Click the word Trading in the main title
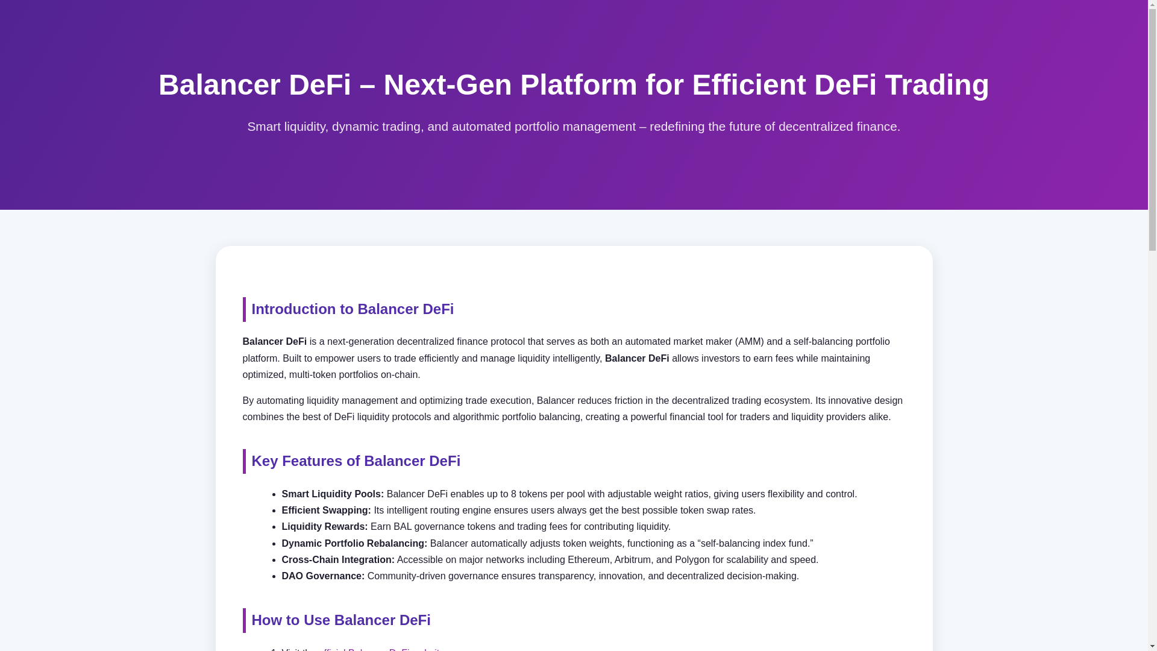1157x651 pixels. (936, 85)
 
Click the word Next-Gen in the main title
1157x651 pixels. (450, 85)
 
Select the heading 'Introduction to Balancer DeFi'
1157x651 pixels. (353, 309)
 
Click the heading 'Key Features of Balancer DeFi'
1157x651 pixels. (356, 461)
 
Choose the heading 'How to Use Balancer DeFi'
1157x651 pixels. (340, 620)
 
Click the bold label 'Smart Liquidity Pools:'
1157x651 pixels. (332, 494)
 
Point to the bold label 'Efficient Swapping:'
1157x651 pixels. (326, 511)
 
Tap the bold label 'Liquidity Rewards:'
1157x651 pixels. (324, 527)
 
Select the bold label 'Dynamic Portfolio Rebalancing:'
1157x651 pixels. (354, 544)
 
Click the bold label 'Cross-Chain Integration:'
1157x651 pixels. (337, 560)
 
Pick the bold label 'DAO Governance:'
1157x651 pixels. (322, 576)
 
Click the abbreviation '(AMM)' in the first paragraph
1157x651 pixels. (749, 342)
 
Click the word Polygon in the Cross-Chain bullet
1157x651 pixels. (692, 560)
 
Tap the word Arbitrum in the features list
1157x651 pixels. (633, 560)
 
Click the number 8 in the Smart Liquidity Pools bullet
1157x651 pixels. (513, 494)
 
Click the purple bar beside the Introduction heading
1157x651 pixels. (244, 309)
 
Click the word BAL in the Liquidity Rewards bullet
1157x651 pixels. (402, 527)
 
